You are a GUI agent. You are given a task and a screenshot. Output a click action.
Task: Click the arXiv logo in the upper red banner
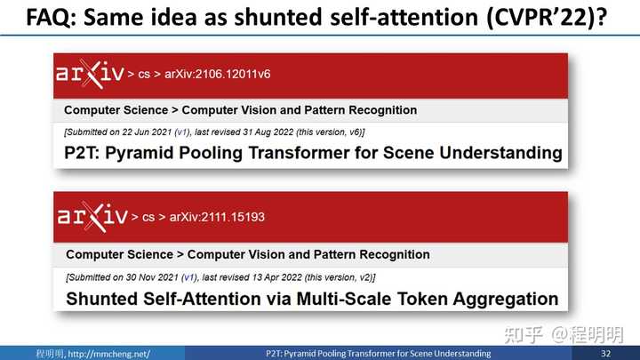click(90, 74)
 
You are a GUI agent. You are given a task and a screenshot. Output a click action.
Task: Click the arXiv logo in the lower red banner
click(92, 217)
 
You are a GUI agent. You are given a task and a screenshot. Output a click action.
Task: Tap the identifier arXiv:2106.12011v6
click(218, 74)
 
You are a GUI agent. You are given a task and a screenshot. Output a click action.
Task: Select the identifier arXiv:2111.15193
click(217, 217)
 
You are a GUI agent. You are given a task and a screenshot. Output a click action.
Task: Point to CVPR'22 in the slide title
click(540, 17)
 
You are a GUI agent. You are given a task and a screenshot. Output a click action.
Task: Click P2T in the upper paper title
click(82, 153)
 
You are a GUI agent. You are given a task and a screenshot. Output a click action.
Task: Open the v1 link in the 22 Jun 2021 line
click(181, 132)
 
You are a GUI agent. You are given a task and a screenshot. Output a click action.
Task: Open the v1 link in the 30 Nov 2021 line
click(189, 277)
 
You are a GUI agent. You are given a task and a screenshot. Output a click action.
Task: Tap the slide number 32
click(605, 354)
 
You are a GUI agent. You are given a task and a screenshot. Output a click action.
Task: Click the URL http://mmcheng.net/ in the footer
click(109, 354)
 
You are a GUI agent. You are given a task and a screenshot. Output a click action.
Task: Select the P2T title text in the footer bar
click(379, 354)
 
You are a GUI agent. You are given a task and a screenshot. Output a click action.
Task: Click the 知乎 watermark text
click(524, 335)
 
